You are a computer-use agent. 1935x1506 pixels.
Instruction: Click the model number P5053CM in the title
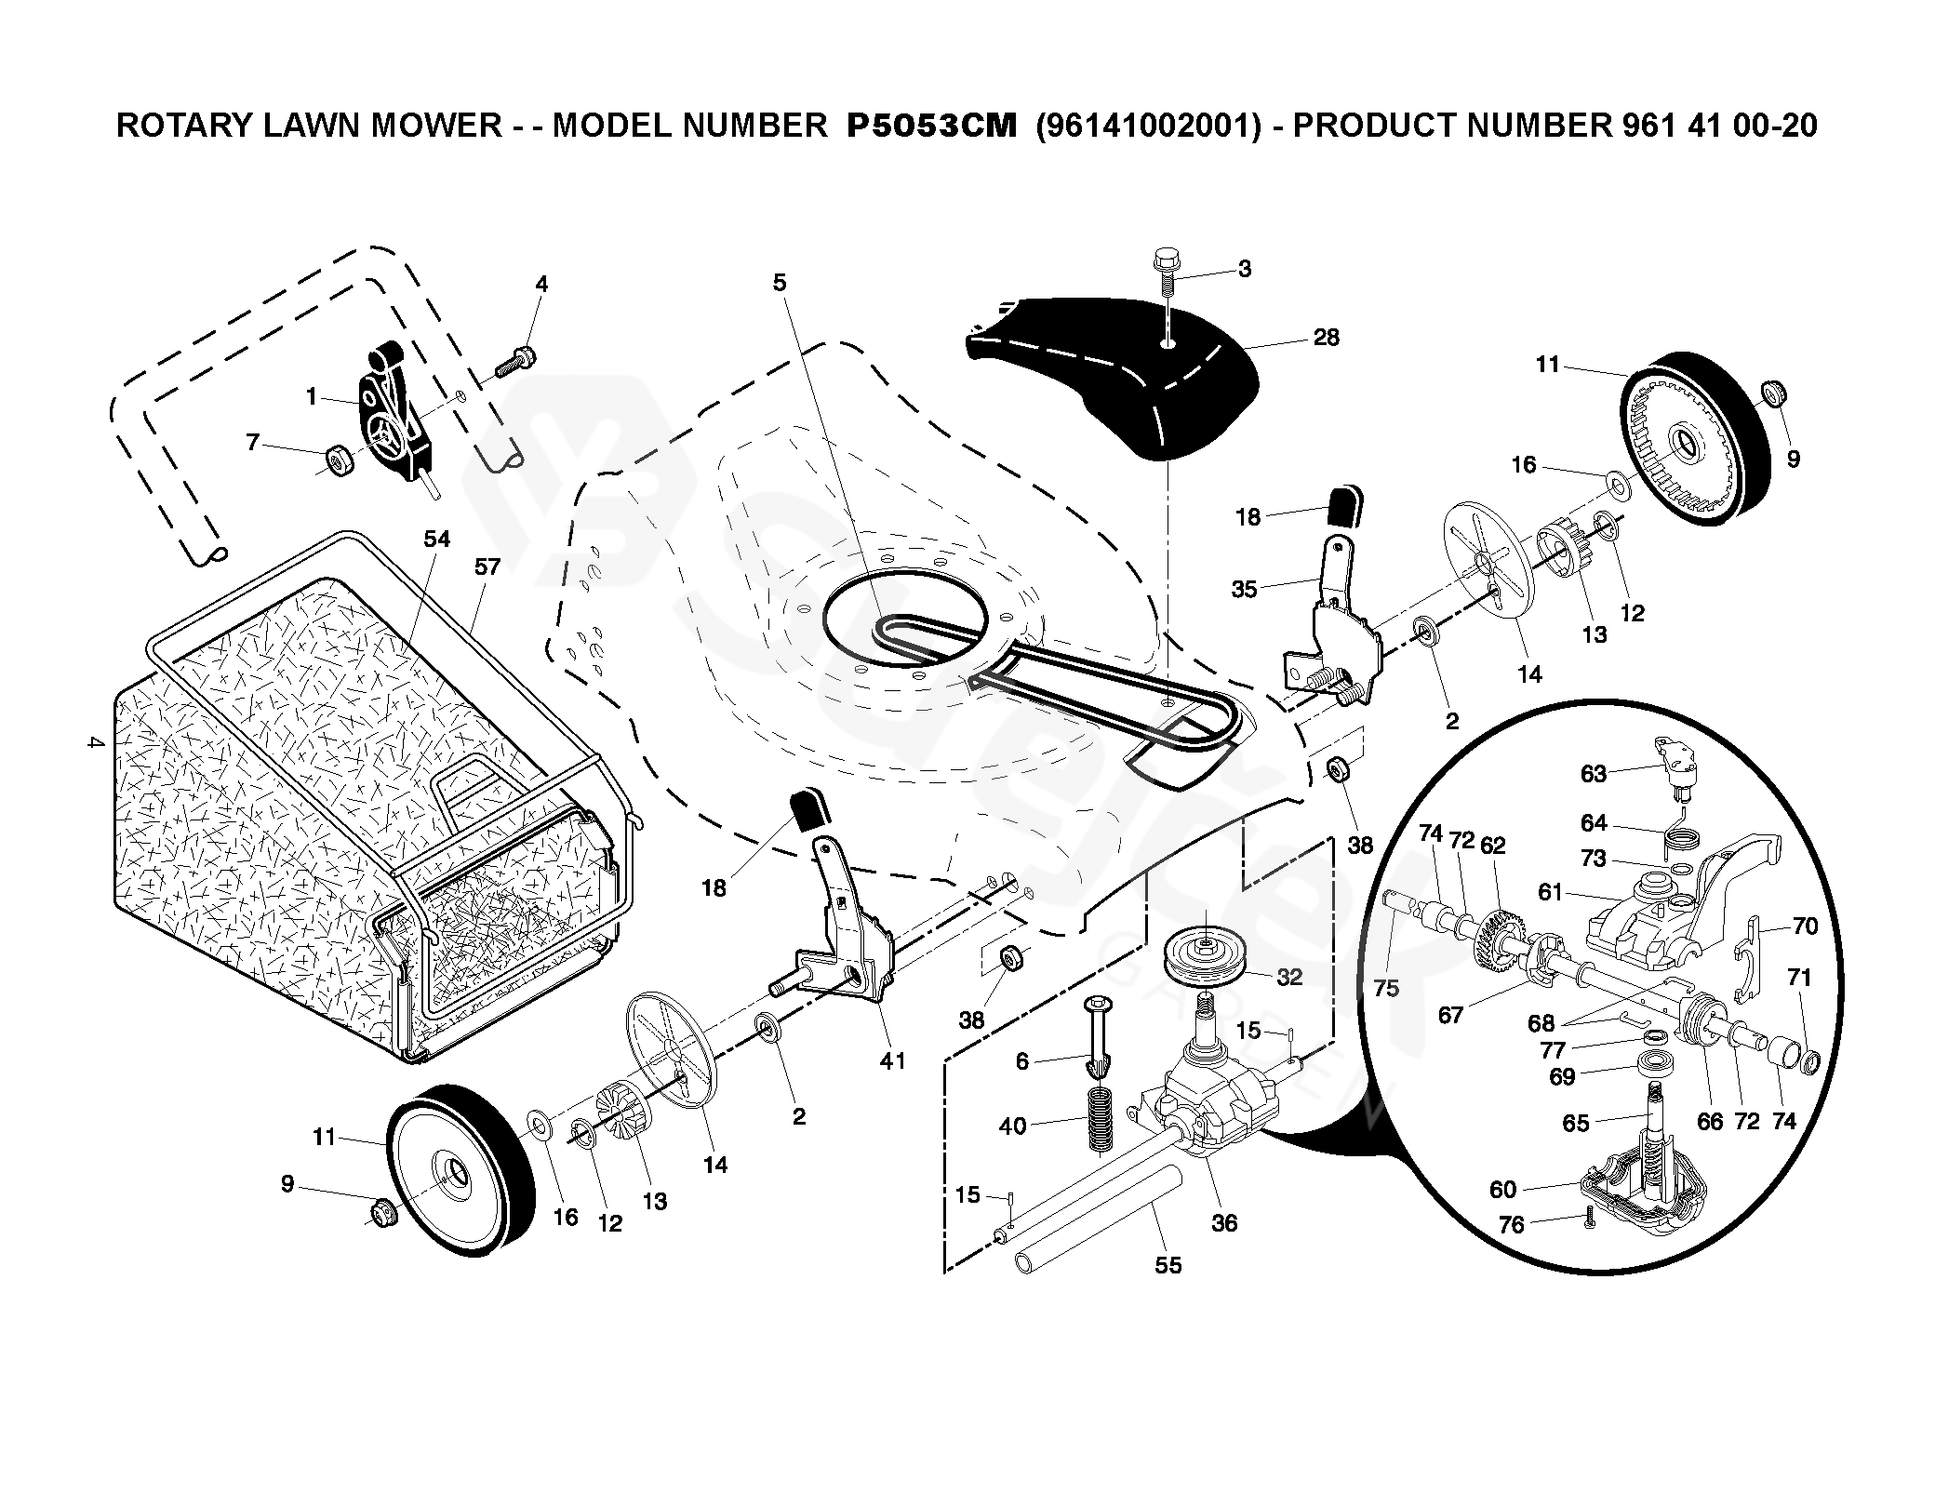[x=931, y=126]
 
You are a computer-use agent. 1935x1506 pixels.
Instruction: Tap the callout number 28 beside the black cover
[x=1326, y=338]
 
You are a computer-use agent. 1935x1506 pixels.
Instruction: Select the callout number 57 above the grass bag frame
[x=487, y=566]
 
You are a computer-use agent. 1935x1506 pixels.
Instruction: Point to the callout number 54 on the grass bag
[x=436, y=539]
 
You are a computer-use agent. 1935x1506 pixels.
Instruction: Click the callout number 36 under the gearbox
[x=1224, y=1223]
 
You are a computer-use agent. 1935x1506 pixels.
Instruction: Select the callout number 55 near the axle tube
[x=1168, y=1265]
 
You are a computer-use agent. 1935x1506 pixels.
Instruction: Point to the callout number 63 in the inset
[x=1594, y=773]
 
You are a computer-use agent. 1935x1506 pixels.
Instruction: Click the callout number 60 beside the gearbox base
[x=1502, y=1189]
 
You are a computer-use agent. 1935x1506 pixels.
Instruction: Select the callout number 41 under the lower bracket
[x=892, y=1060]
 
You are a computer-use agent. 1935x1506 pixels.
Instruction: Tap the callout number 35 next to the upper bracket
[x=1244, y=589]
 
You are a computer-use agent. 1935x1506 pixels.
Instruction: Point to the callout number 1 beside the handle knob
[x=312, y=396]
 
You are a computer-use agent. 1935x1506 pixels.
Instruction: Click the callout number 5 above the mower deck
[x=780, y=282]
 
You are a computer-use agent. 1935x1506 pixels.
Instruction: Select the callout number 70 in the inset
[x=1805, y=926]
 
